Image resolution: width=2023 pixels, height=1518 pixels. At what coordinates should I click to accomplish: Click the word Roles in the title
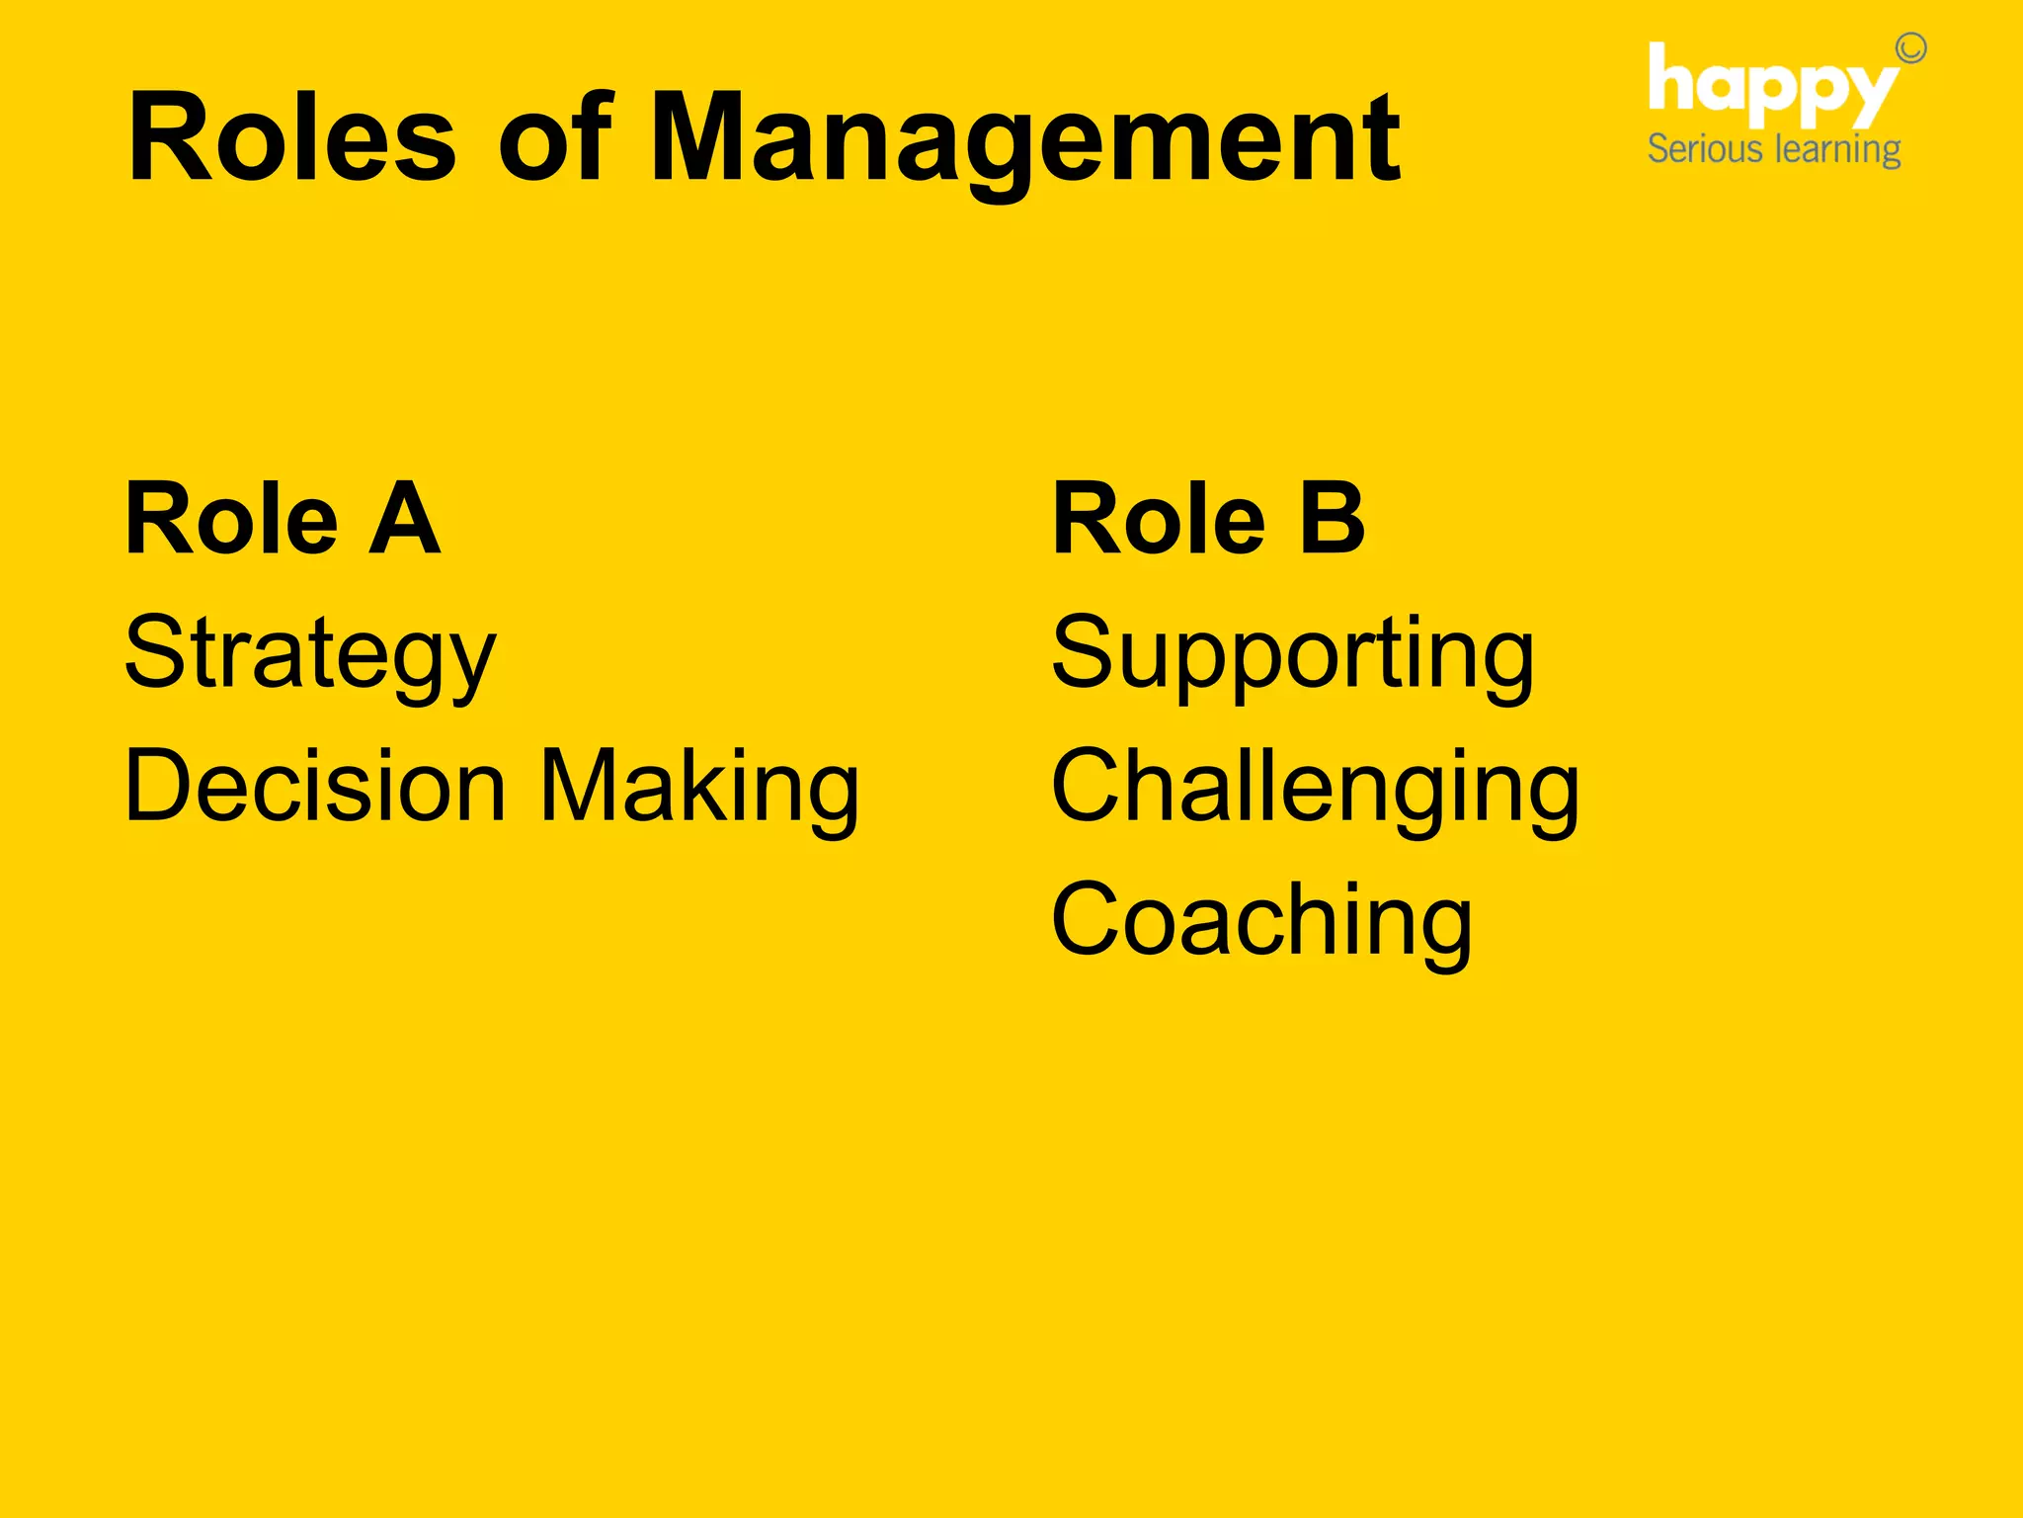pyautogui.click(x=292, y=138)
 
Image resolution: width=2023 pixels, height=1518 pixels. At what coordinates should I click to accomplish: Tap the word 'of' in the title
pyautogui.click(x=556, y=138)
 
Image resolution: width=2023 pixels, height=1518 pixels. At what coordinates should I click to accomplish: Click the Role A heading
pyautogui.click(x=283, y=518)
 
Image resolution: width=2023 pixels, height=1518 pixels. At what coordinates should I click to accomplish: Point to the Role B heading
pyautogui.click(x=1208, y=518)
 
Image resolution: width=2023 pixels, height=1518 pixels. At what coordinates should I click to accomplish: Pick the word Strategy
pyautogui.click(x=309, y=654)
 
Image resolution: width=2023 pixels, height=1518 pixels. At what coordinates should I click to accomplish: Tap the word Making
pyautogui.click(x=700, y=788)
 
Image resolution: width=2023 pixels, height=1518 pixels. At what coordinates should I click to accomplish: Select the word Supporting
pyautogui.click(x=1292, y=654)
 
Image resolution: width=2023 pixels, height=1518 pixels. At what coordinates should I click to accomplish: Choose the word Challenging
pyautogui.click(x=1315, y=788)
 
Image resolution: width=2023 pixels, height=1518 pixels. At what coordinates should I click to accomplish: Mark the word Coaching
pyautogui.click(x=1261, y=921)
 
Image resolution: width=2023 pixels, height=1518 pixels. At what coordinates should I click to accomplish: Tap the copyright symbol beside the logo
pyautogui.click(x=1910, y=48)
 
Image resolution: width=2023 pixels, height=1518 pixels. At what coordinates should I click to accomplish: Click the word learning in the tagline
pyautogui.click(x=1838, y=150)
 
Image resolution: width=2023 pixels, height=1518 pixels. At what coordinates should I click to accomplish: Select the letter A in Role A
pyautogui.click(x=404, y=518)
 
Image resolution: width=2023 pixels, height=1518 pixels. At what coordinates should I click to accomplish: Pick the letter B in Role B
pyautogui.click(x=1332, y=518)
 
